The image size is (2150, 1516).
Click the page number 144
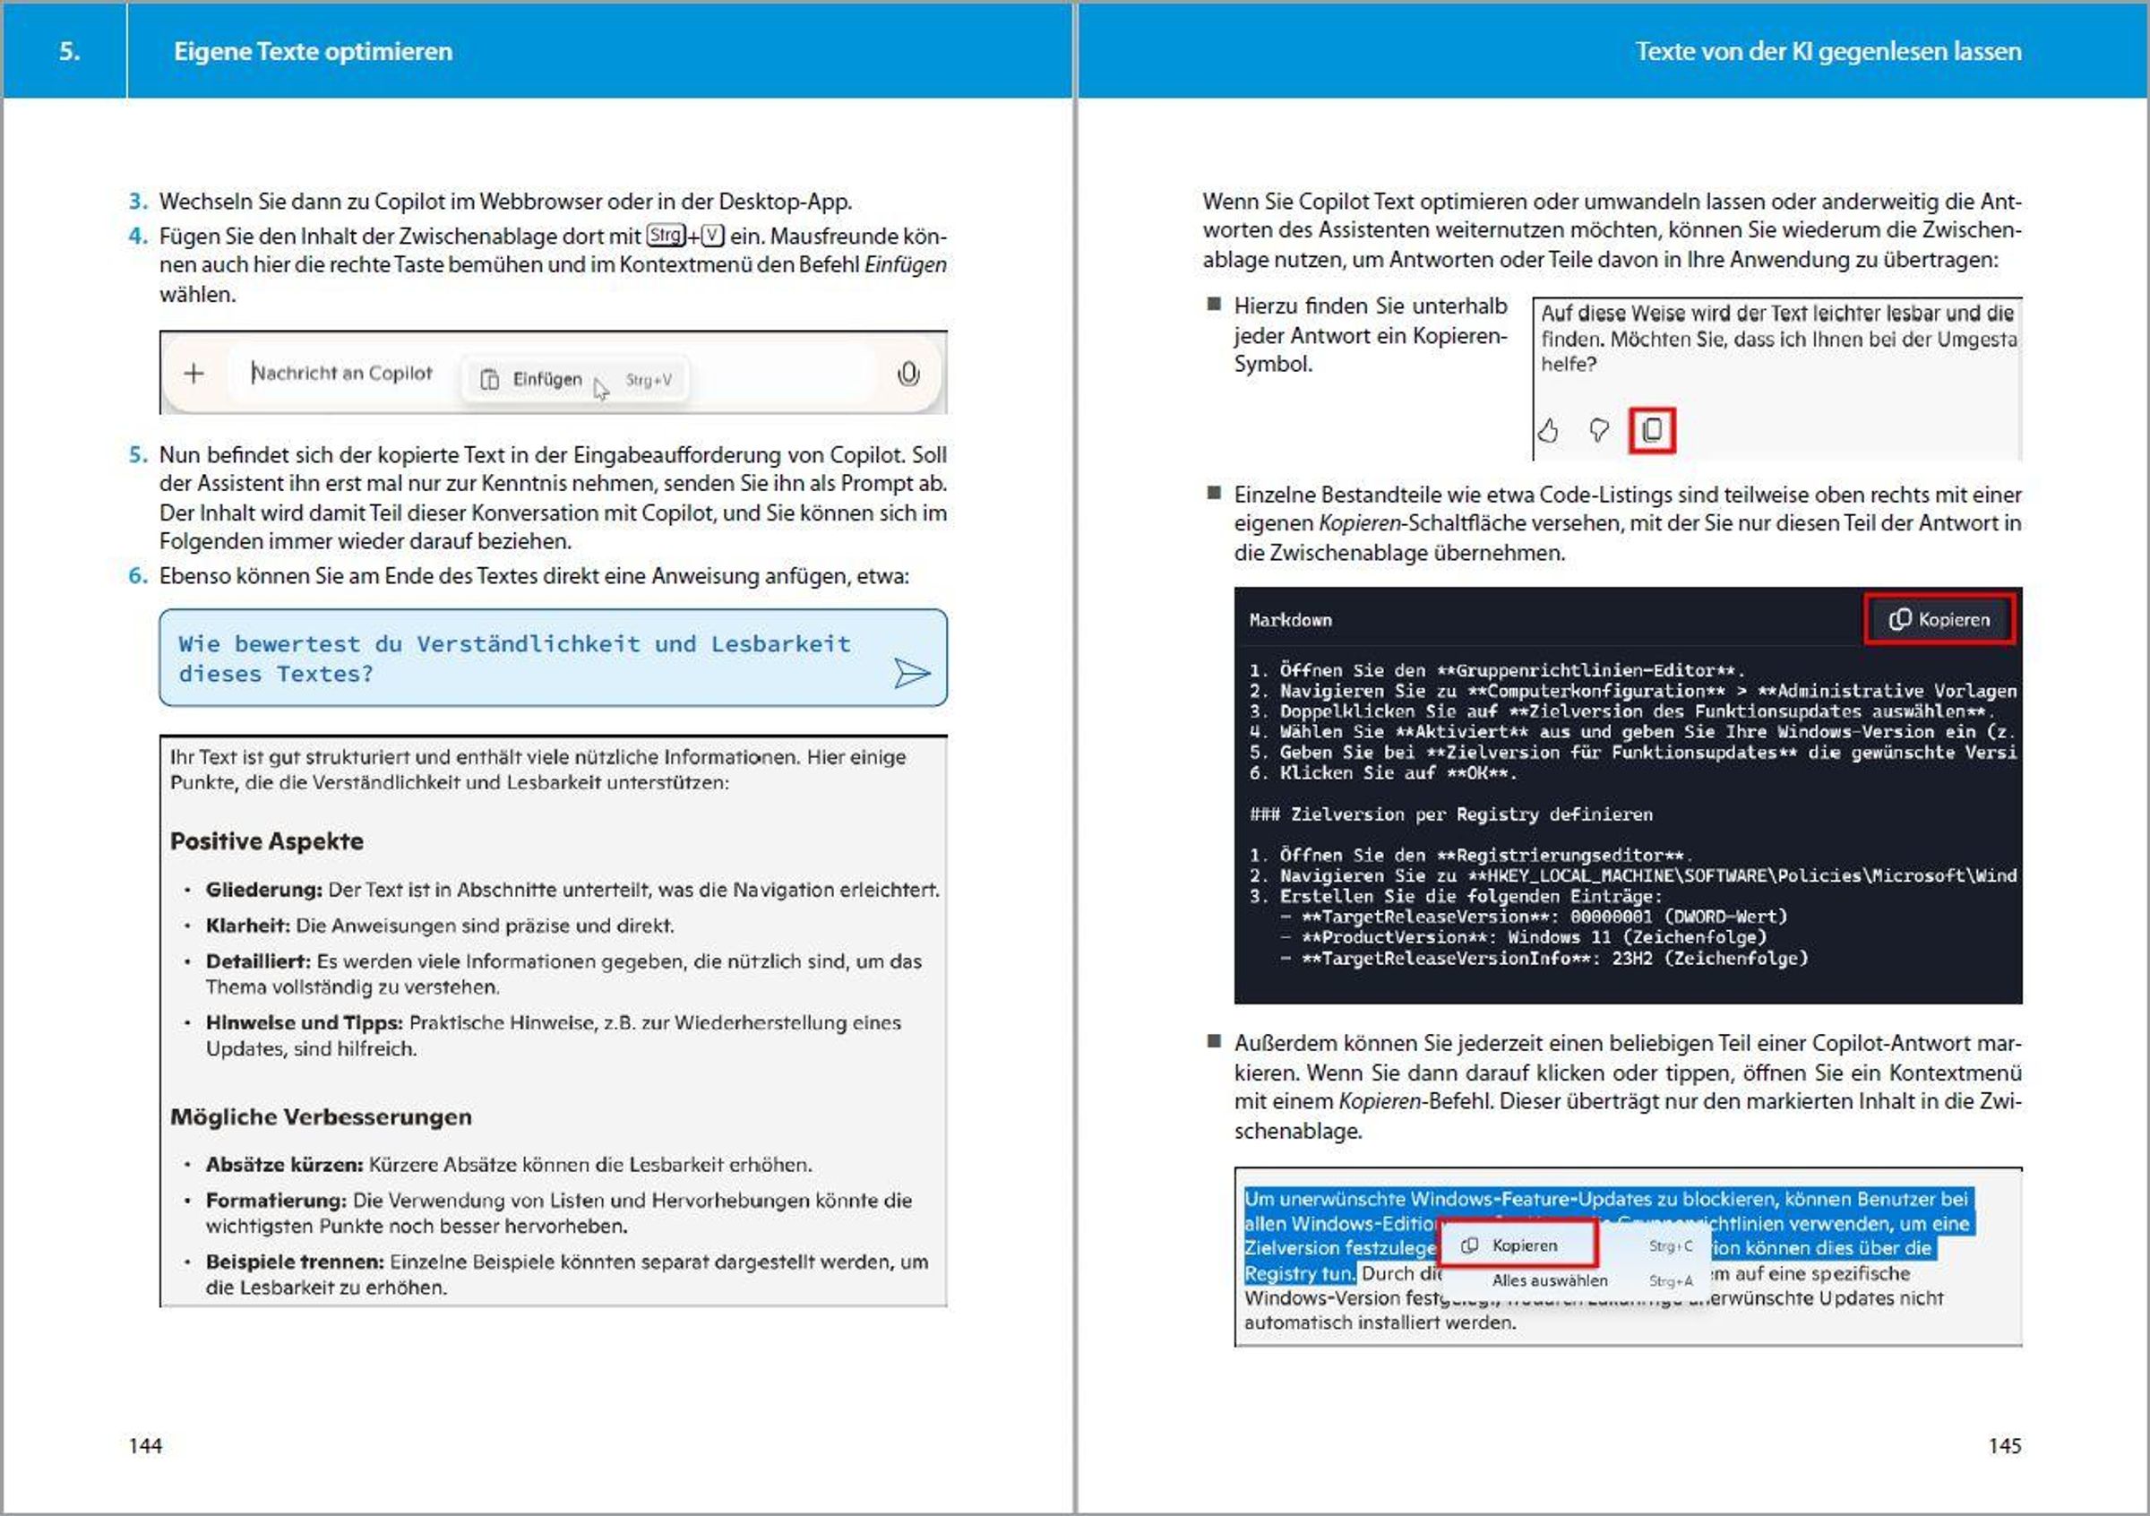pos(145,1446)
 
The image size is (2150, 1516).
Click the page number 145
pos(2004,1446)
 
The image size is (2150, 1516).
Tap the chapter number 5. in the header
pos(69,51)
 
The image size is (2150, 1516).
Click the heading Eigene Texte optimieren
pos(313,51)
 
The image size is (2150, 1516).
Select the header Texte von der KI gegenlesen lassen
pos(1827,51)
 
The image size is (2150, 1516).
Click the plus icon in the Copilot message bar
pos(193,374)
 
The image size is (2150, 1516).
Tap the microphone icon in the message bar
pos(907,375)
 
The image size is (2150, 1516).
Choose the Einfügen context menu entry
pos(546,379)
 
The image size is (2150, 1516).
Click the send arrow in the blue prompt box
pos(911,672)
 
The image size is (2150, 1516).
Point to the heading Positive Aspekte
pos(267,840)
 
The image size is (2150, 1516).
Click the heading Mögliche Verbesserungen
pos(322,1116)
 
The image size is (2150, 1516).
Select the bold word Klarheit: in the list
pos(247,926)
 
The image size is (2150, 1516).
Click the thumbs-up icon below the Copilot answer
pos(1548,430)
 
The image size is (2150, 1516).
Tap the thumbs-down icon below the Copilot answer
pos(1599,430)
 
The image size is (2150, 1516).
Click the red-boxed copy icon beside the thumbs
pos(1652,430)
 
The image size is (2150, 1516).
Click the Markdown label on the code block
pos(1290,620)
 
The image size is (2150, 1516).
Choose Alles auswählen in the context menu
pos(1550,1280)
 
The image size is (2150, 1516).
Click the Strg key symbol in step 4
pos(665,235)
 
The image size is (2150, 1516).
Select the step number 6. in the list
pos(139,576)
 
